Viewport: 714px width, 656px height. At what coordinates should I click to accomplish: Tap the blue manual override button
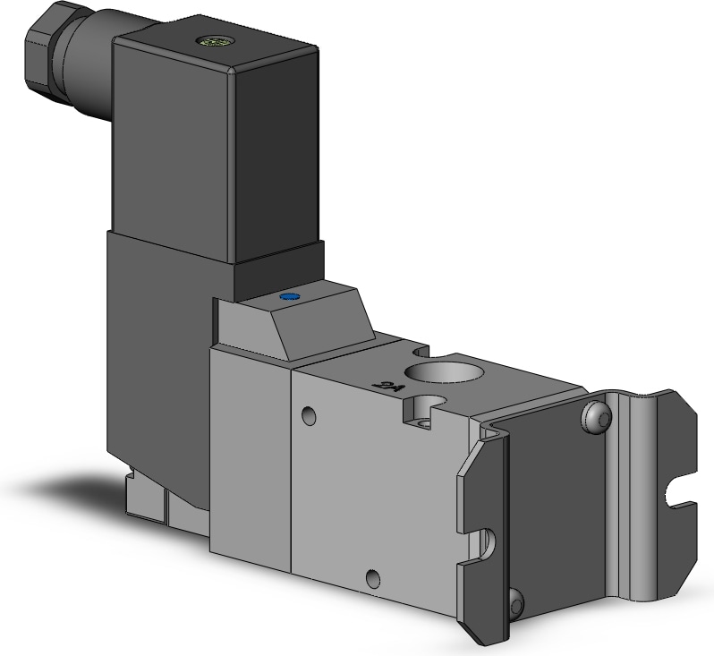[288, 296]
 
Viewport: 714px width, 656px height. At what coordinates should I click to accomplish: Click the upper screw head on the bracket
[600, 416]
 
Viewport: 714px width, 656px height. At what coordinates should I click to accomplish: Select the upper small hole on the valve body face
[309, 415]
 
